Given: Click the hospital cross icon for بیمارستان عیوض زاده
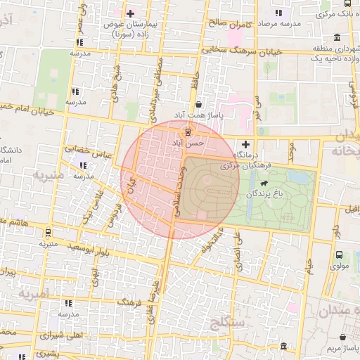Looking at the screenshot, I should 130,13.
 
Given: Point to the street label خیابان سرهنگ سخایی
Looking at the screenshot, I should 241,50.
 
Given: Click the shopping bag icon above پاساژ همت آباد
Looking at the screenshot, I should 198,103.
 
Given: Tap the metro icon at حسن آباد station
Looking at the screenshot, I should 188,131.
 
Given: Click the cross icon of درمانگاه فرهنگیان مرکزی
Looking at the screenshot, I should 245,143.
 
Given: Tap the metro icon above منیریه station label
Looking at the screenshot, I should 48,232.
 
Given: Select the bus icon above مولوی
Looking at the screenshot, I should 340,255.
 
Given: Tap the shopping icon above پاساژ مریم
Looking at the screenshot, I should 343,337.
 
